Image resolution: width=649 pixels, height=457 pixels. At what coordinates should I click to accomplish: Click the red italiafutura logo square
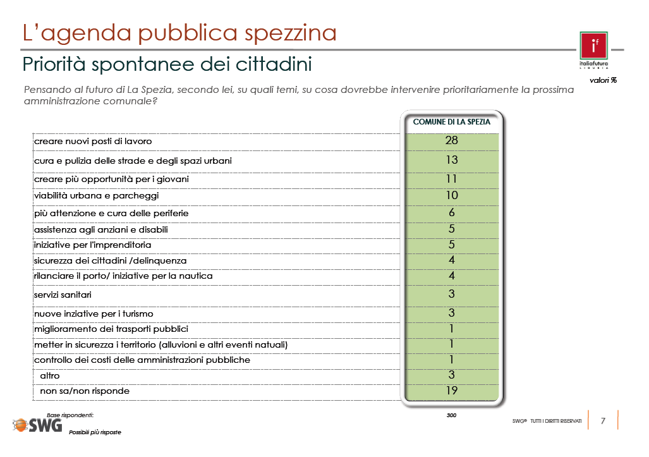(x=593, y=46)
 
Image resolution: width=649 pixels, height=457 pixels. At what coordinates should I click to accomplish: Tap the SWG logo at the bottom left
(x=38, y=425)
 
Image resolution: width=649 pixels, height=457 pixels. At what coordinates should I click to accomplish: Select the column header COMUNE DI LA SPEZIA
(x=452, y=122)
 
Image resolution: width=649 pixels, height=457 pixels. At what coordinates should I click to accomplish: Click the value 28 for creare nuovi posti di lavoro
(x=452, y=140)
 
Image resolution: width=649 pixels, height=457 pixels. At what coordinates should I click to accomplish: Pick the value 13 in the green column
(x=452, y=160)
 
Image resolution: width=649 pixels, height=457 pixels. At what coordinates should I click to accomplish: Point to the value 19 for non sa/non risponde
(x=452, y=391)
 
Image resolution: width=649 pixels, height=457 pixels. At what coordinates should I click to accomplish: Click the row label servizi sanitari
(x=63, y=295)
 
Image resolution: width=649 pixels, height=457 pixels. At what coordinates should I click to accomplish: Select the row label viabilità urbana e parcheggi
(x=97, y=196)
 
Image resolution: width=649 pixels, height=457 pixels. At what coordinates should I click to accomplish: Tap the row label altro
(x=50, y=376)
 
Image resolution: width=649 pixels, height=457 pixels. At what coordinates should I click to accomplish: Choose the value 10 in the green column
(x=452, y=195)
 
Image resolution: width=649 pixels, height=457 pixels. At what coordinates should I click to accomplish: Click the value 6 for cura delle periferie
(x=452, y=212)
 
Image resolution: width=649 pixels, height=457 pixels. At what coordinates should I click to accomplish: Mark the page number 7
(x=603, y=421)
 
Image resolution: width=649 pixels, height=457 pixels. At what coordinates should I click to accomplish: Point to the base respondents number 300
(x=452, y=415)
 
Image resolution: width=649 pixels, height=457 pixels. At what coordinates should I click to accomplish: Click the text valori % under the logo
(x=603, y=80)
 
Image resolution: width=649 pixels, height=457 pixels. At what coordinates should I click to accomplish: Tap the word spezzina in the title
(x=291, y=33)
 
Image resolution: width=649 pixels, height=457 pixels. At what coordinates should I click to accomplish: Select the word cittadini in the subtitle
(x=274, y=64)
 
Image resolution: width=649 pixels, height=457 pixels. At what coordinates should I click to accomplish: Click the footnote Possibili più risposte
(x=95, y=432)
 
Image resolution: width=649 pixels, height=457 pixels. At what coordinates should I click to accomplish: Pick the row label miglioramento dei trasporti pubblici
(x=111, y=329)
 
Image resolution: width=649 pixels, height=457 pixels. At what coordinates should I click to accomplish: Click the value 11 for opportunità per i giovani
(x=452, y=179)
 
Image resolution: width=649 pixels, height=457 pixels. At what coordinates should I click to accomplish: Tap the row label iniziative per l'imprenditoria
(x=93, y=245)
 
